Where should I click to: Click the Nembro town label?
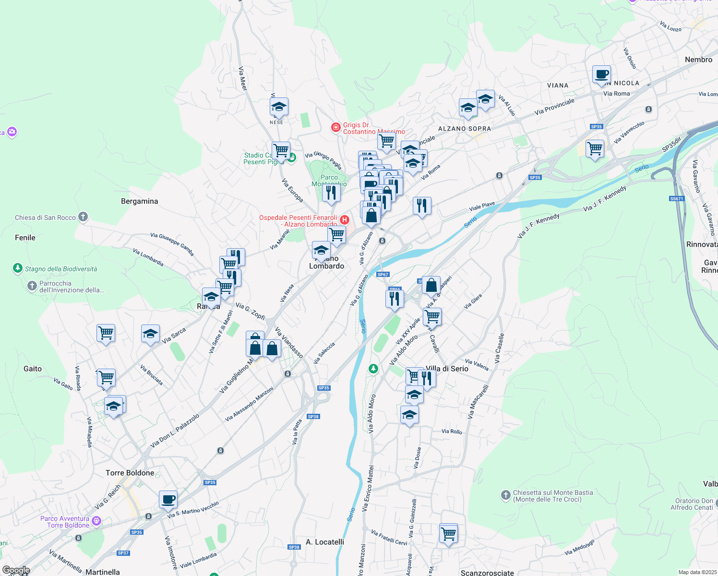[698, 60]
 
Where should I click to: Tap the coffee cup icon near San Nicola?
[601, 75]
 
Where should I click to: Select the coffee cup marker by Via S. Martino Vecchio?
[168, 499]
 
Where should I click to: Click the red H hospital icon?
[344, 220]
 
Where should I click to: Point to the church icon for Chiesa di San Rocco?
[83, 217]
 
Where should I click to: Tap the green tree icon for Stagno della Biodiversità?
[18, 268]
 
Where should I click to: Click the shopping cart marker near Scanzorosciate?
[448, 533]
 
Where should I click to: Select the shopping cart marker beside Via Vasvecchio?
[595, 148]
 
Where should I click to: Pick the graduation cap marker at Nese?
[279, 107]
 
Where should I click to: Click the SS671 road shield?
[676, 199]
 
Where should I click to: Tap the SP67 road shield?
[383, 275]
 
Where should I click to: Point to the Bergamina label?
[139, 201]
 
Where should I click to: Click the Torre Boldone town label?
[130, 473]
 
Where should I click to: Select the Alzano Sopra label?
[464, 129]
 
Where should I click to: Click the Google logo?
[16, 570]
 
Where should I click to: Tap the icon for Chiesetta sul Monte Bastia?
[505, 495]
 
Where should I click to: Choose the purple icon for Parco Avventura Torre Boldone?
[96, 521]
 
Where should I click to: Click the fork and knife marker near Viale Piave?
[422, 205]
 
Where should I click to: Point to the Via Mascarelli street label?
[479, 401]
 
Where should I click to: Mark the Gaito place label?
[33, 369]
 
